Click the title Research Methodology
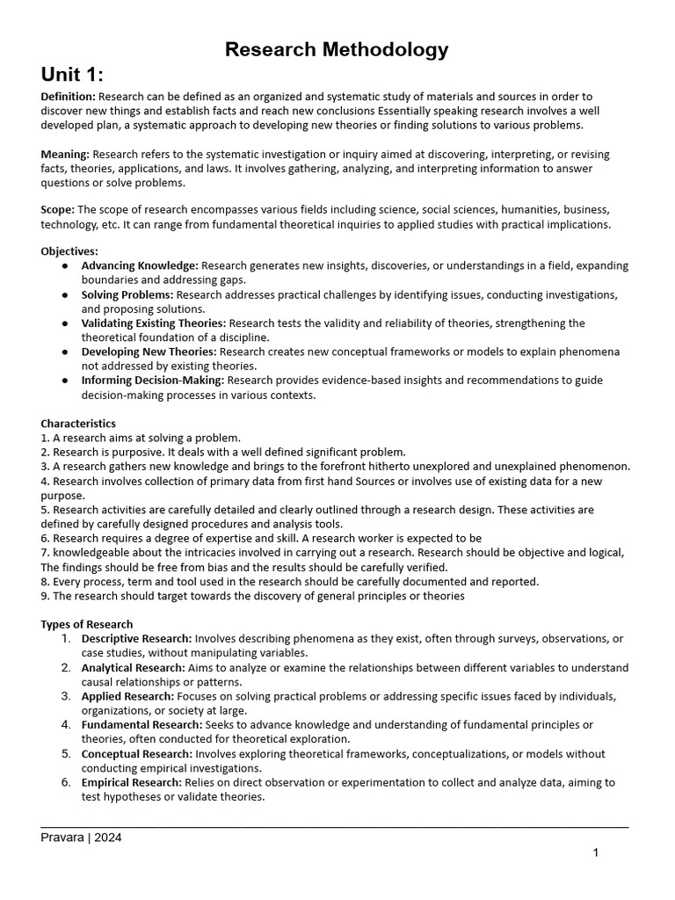(337, 50)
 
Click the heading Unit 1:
(78, 74)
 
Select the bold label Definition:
(69, 96)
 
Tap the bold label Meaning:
(65, 155)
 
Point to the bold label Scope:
(58, 209)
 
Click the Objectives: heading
(69, 251)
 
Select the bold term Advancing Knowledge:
(140, 265)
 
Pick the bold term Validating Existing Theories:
(153, 323)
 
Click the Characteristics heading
(78, 424)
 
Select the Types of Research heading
(86, 624)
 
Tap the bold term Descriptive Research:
(136, 638)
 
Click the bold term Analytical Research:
(133, 667)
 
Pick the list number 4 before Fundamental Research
(66, 724)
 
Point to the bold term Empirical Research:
(131, 782)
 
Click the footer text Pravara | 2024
(81, 838)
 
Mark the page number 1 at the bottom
(595, 853)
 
